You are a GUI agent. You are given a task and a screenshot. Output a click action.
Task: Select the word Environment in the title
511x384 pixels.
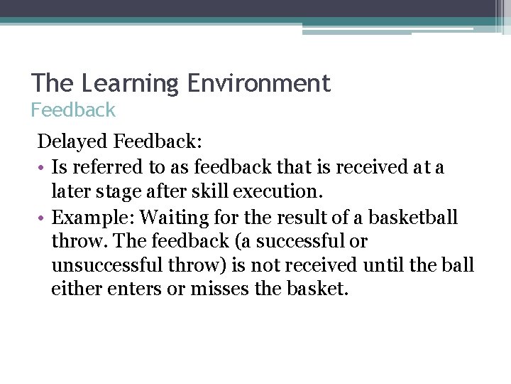[259, 84]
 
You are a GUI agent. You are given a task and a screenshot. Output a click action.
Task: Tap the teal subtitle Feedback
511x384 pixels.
[73, 110]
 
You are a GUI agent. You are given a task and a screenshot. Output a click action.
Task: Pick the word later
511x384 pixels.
[70, 191]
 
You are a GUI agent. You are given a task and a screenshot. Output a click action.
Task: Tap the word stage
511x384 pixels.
[115, 191]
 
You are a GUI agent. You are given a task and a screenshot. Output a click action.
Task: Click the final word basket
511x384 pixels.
[316, 290]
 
